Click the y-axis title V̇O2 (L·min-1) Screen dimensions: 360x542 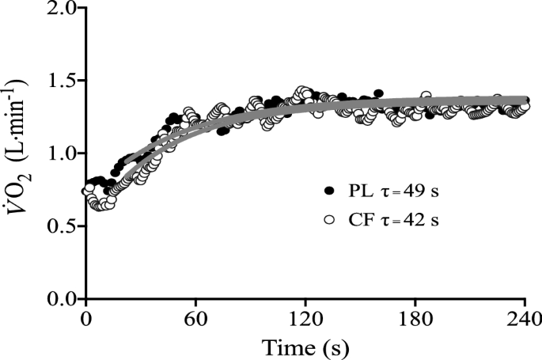pyautogui.click(x=19, y=153)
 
